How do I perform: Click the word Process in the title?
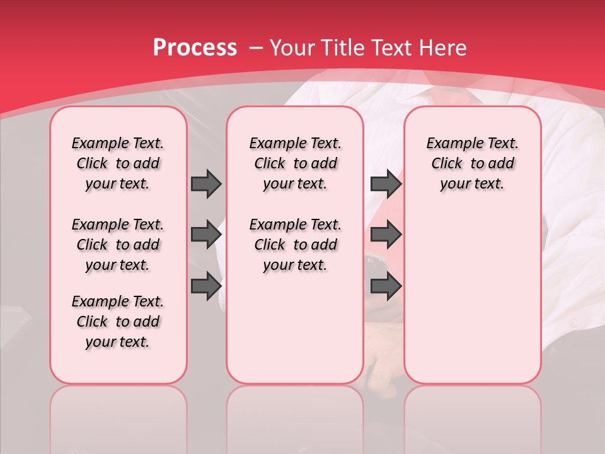[195, 48]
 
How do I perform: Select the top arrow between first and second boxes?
[206, 183]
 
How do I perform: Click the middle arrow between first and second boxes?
[206, 235]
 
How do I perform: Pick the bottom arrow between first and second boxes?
[206, 286]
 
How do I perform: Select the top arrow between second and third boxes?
[385, 183]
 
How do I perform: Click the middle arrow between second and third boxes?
[385, 235]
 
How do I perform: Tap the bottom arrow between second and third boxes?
[385, 286]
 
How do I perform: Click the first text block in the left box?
[118, 163]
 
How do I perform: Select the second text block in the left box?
[118, 245]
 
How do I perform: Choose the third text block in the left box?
[118, 322]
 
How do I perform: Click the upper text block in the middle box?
[295, 163]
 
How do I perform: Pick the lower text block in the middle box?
[295, 245]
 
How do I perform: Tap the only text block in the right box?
[472, 163]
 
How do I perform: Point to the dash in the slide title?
[256, 48]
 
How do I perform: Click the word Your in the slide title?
[293, 48]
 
